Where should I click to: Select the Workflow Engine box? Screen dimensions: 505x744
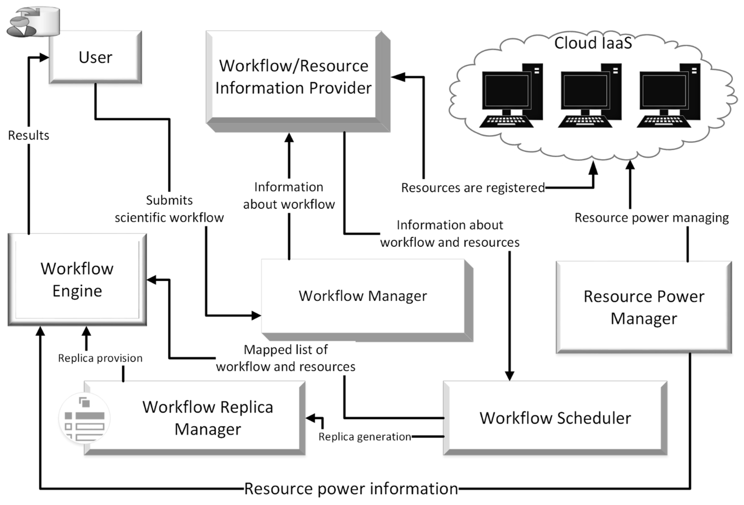coord(77,279)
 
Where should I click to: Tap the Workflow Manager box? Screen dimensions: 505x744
coord(363,296)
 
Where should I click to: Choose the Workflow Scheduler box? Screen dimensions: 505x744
coord(555,418)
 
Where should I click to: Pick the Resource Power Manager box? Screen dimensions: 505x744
coord(644,307)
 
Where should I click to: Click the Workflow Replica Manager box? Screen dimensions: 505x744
coord(207,418)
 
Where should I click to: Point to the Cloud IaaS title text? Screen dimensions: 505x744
coord(593,43)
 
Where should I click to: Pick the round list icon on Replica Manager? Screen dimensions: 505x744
coord(84,418)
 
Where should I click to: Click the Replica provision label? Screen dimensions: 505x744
coord(100,358)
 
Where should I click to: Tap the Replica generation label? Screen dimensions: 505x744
coord(365,437)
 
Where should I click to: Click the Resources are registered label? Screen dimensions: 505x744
coord(473,188)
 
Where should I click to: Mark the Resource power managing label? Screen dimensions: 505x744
coord(651,218)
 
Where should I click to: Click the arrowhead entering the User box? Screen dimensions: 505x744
coord(44,58)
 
